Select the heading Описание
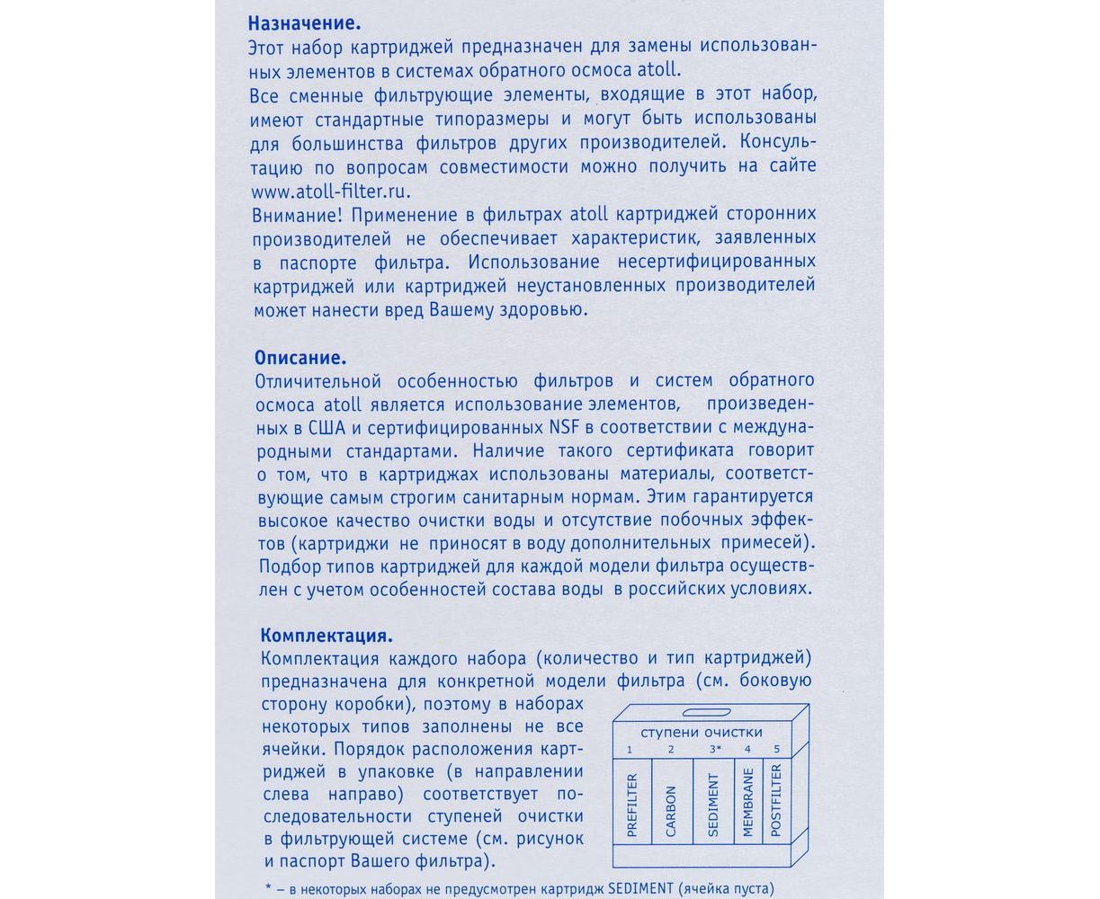[300, 356]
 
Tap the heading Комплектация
[326, 636]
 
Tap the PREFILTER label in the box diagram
[632, 805]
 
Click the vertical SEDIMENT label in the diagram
[713, 805]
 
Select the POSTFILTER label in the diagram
[776, 800]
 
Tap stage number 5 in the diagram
[776, 749]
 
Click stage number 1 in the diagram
[630, 749]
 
